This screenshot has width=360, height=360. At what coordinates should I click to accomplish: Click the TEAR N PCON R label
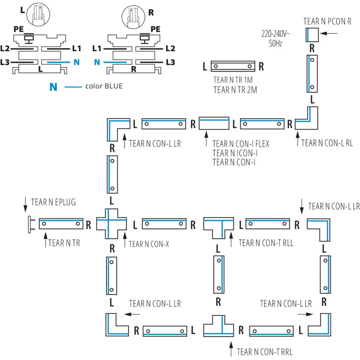click(x=327, y=21)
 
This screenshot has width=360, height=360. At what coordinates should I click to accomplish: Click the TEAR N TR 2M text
click(x=235, y=90)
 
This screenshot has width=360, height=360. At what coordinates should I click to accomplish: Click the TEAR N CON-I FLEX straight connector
click(x=214, y=123)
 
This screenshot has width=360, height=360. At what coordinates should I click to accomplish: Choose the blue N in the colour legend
click(x=53, y=87)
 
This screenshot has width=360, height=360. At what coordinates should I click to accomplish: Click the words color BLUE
click(x=104, y=86)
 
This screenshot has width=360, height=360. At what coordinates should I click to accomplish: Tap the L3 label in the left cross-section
click(x=5, y=62)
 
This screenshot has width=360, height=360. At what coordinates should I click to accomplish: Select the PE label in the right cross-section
click(x=156, y=29)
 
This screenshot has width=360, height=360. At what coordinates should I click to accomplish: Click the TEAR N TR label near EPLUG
click(x=64, y=243)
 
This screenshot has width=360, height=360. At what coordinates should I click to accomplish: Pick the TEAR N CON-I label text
click(x=234, y=163)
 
